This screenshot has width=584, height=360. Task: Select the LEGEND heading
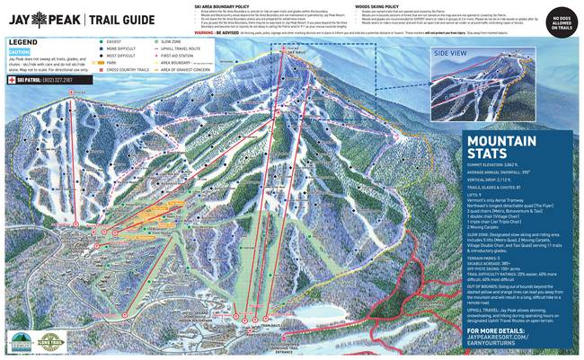tap(25, 42)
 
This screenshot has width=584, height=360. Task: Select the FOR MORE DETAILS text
tap(494, 332)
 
